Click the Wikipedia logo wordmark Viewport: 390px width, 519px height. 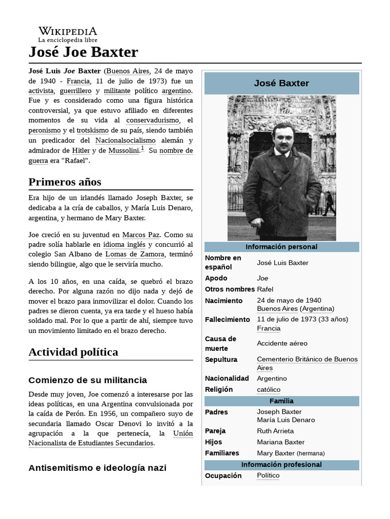[x=68, y=31]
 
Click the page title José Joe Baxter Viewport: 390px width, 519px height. [x=83, y=52]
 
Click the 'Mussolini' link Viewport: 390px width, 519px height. [x=123, y=151]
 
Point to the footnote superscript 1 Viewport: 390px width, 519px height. [x=143, y=149]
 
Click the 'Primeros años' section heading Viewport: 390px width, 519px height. [x=65, y=182]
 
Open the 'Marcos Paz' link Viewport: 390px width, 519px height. [x=141, y=235]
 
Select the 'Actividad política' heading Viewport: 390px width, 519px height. [x=73, y=352]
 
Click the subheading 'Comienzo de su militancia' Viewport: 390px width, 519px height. [x=88, y=380]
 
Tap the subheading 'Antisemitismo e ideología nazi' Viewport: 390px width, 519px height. [x=97, y=468]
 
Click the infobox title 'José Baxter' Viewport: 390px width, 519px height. [x=281, y=83]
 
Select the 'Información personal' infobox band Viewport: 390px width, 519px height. [x=281, y=247]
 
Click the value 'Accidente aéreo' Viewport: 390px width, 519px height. [x=282, y=343]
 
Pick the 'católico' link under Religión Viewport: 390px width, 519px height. [x=269, y=389]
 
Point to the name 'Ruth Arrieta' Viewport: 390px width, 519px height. [x=275, y=431]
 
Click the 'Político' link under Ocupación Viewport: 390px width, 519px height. [x=268, y=475]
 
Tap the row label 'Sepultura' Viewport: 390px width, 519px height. [x=221, y=359]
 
